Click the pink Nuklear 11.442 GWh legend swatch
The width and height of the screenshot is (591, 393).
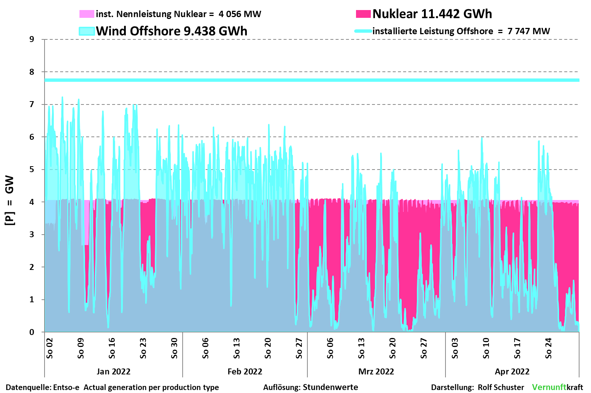[363, 14]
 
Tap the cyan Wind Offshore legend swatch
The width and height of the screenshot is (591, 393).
[87, 31]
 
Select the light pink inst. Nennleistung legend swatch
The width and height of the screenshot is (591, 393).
[86, 14]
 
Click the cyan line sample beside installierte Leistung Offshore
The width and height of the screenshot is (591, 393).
[363, 31]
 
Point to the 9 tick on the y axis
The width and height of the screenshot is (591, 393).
[32, 39]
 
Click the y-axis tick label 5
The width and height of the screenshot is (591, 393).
[32, 170]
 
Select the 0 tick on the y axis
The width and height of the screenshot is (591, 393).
[32, 332]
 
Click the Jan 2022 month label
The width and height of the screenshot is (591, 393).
[113, 371]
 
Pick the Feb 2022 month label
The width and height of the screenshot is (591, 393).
[245, 371]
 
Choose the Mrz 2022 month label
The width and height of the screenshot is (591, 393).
[376, 371]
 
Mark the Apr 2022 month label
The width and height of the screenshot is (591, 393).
[512, 371]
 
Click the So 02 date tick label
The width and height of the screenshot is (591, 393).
[50, 348]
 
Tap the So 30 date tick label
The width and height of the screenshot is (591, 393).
[174, 348]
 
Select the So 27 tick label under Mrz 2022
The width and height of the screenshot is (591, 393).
[424, 348]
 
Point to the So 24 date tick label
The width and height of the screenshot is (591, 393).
[549, 348]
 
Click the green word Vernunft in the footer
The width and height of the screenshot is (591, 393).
[549, 387]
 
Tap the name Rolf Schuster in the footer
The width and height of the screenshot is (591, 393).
[501, 387]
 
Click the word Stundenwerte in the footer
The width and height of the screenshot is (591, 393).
[330, 387]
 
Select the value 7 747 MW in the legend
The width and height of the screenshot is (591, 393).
[529, 31]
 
